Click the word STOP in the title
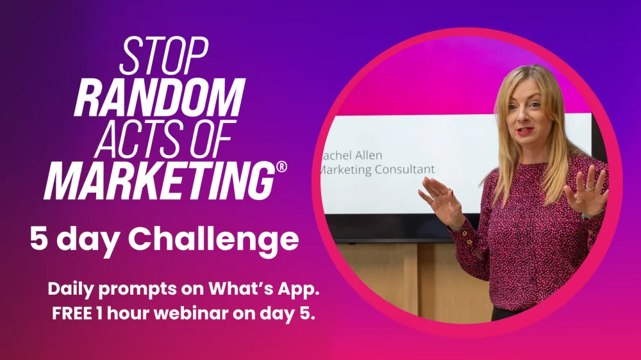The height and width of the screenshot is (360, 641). point(164,56)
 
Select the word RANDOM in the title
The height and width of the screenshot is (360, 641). point(160,97)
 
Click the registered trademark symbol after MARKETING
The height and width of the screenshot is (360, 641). point(281,167)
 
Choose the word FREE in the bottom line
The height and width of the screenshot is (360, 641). point(72,313)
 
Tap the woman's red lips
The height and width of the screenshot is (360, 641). point(524,131)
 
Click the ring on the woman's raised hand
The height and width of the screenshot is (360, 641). point(590,187)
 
